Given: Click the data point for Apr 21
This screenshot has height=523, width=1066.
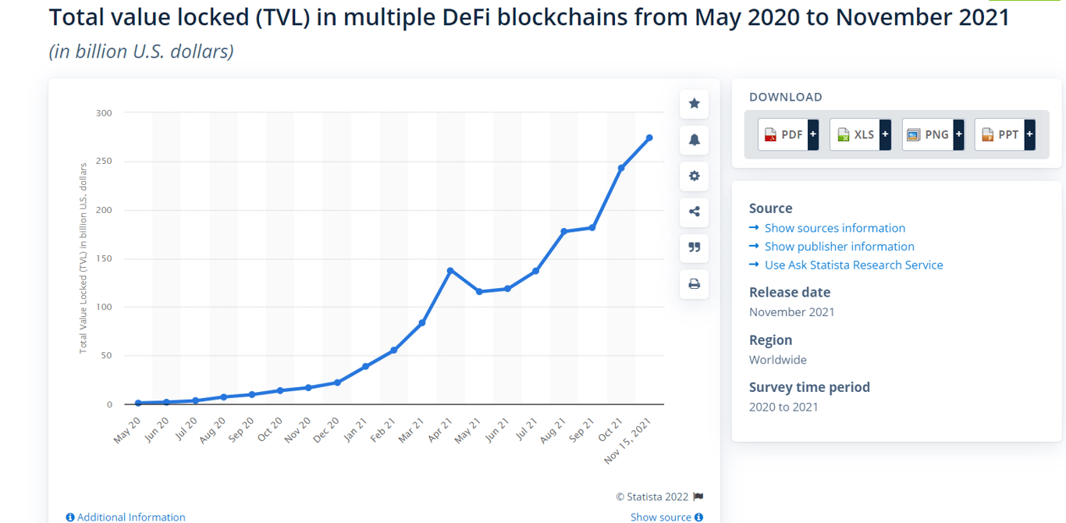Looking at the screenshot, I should click(450, 270).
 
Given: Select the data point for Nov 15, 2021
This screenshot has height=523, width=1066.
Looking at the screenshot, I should click(649, 138).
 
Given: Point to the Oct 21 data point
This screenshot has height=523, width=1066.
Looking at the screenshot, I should click(621, 168).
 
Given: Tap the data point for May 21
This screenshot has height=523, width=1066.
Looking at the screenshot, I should click(479, 292).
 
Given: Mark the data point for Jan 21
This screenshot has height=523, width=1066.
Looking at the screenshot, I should click(365, 366).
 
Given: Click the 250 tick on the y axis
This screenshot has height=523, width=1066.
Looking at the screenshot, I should click(104, 162).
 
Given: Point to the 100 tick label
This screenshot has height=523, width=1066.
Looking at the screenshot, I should click(104, 308).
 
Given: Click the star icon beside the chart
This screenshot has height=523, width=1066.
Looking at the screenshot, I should click(694, 104).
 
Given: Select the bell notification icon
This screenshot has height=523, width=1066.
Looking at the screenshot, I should click(694, 140).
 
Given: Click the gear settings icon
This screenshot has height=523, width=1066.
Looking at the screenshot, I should click(694, 176).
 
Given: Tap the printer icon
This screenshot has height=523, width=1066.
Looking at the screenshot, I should click(694, 284).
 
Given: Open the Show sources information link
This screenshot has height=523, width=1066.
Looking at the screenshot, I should click(834, 228).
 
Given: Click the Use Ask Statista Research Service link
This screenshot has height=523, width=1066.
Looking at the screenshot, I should click(853, 265).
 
